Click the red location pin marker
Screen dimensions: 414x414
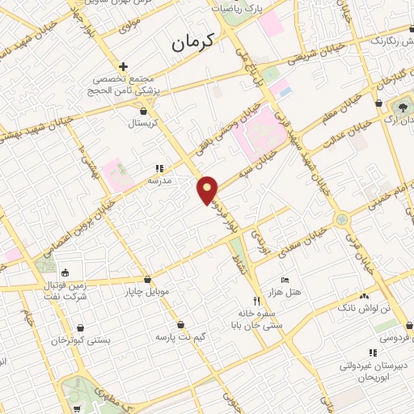click(x=208, y=190)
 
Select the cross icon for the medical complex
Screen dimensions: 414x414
click(x=123, y=66)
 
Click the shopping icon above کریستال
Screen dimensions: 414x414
click(x=145, y=112)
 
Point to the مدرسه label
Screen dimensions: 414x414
click(x=158, y=181)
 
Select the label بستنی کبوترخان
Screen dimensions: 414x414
click(x=81, y=340)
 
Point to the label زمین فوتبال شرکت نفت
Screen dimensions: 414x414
click(x=64, y=289)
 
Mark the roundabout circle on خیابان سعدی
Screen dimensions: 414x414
click(x=342, y=218)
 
